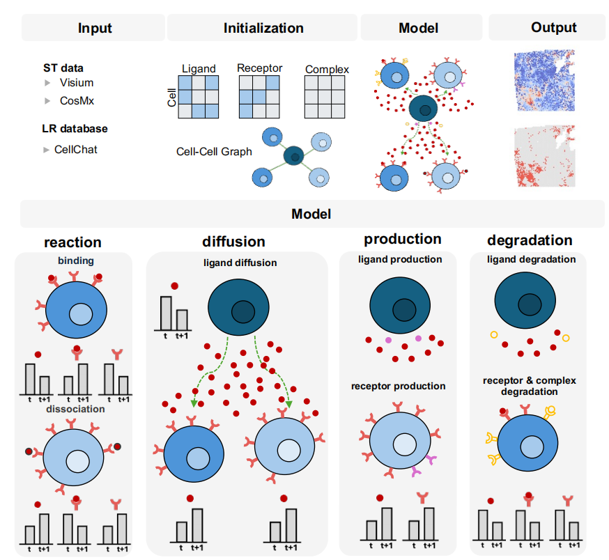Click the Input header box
coord(93,28)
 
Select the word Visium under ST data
coord(77,83)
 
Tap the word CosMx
coord(77,100)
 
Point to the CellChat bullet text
coord(76,150)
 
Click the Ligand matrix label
coord(199,69)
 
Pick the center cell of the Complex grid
coord(325,97)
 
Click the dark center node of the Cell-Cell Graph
coord(293,156)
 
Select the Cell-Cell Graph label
coord(214,151)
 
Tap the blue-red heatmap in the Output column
coord(544,80)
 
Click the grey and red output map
coord(544,156)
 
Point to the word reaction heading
coord(72,242)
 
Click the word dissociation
coord(75,409)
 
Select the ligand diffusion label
coord(240,263)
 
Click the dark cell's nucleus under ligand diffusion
coord(243,311)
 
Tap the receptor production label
coord(398,386)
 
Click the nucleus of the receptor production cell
coord(405,444)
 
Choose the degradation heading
coord(530,240)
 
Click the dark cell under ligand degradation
coord(525,300)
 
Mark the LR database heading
coord(75,129)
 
